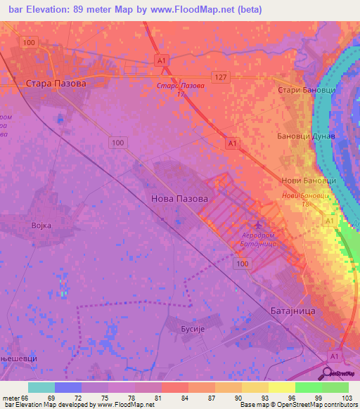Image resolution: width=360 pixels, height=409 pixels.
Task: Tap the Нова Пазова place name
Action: (179, 199)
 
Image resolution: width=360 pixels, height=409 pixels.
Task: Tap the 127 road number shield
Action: (220, 77)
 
